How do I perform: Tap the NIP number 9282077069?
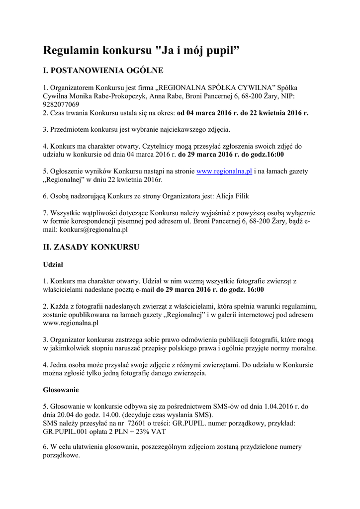tap(61, 104)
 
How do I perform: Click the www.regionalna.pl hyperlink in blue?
tap(224, 171)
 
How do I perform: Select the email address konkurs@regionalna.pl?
tap(94, 230)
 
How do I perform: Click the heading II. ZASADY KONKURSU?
tap(91, 247)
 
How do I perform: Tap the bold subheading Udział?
tap(53, 265)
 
